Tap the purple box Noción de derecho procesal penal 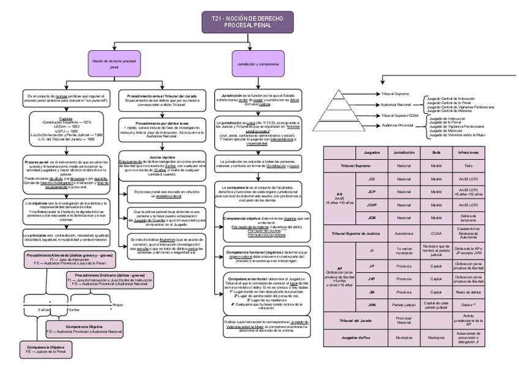click(114, 64)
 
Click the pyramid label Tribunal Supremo click(395, 95)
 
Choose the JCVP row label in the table click(372, 205)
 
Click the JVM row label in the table click(372, 304)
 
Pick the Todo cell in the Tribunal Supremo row click(468, 165)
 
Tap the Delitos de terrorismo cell click(468, 218)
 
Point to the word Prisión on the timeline click(118, 304)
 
